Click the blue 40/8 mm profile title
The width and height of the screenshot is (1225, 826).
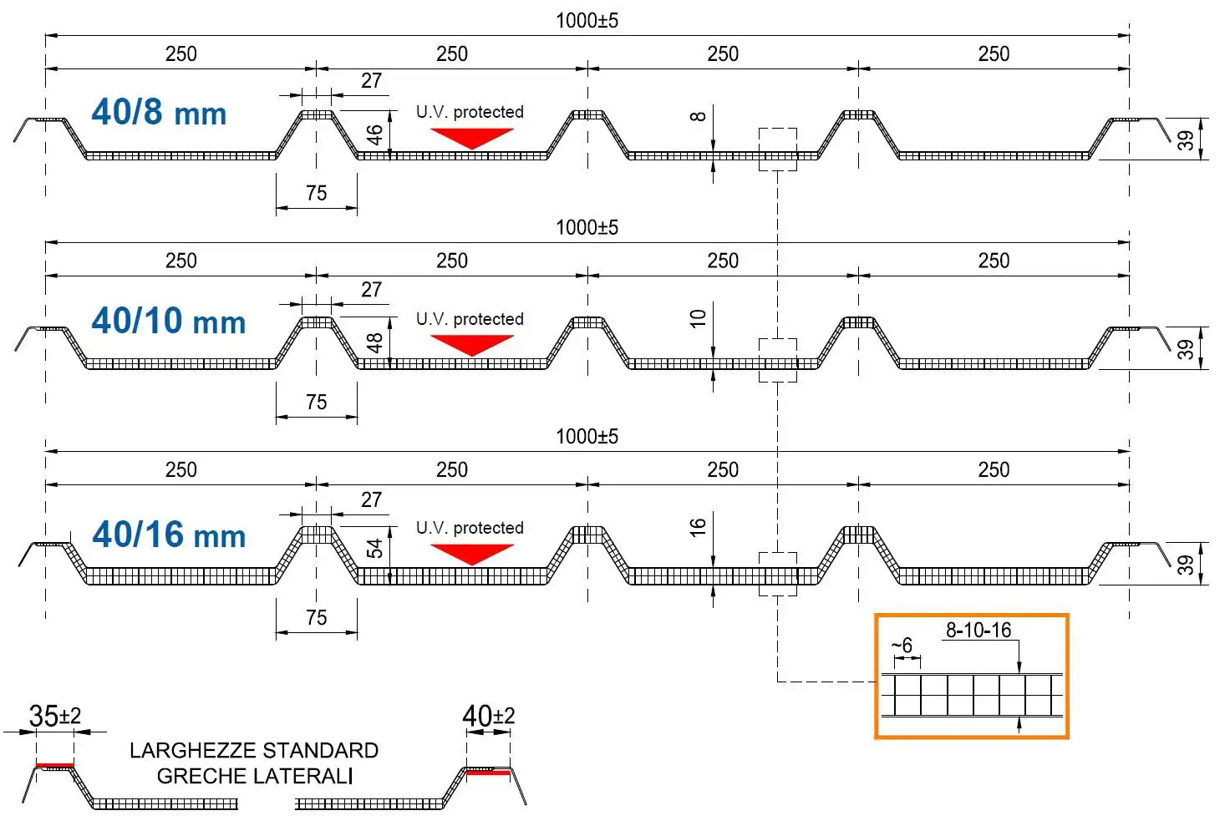[x=159, y=112]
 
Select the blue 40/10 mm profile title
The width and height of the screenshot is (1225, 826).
[x=168, y=321]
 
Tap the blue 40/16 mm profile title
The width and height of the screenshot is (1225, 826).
[x=168, y=535]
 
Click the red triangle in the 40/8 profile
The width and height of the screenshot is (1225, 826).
[x=472, y=137]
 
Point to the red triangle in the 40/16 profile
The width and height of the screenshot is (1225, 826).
[x=472, y=552]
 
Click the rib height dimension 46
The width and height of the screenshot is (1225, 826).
[x=374, y=134]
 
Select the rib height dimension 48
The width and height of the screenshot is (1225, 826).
[x=374, y=342]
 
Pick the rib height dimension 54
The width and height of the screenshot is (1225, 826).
[x=374, y=549]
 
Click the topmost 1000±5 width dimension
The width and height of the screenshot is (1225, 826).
[x=587, y=21]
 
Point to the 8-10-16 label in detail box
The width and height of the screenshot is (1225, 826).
[x=978, y=631]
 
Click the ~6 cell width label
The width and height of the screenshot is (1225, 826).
[x=902, y=646]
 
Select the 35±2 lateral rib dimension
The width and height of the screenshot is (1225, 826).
[x=55, y=716]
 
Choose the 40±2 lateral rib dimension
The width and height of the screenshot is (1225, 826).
[x=489, y=716]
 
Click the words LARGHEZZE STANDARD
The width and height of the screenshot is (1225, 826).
[x=254, y=750]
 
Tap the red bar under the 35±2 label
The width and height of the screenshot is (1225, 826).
[x=55, y=764]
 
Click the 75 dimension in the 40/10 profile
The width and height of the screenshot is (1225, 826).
[x=316, y=402]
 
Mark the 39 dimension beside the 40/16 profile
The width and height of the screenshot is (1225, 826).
[x=1186, y=565]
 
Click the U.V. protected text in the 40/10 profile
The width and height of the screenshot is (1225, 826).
[x=470, y=319]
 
